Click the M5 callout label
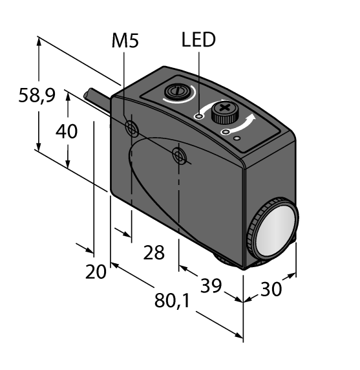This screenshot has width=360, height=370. tap(125, 40)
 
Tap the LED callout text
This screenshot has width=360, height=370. tap(198, 39)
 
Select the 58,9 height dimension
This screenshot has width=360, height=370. tap(37, 95)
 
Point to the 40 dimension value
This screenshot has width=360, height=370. tap(67, 131)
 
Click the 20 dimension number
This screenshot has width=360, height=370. tap(96, 272)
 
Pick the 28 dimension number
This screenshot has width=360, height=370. tap(154, 252)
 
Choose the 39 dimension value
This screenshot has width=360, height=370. tap(211, 285)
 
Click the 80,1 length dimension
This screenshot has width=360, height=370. tap(172, 301)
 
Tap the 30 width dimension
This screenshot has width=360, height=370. tap(271, 289)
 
